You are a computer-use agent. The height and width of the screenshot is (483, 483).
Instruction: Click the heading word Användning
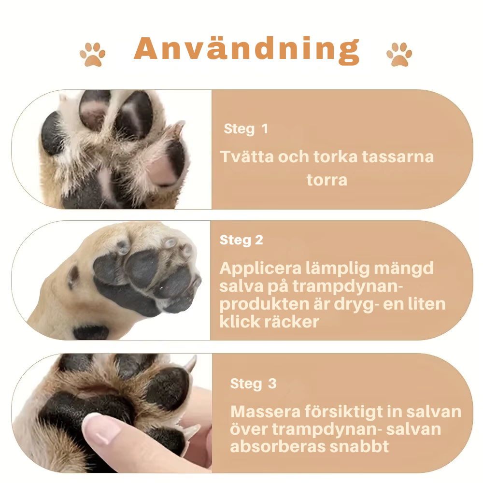247,50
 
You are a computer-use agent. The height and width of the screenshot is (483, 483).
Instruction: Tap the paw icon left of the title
92,54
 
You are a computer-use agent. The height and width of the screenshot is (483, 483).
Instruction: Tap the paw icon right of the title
399,54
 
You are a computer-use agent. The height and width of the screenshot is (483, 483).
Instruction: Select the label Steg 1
245,129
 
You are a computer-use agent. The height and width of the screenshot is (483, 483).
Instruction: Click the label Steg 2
241,240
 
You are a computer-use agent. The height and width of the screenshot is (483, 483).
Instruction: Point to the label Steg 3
253,384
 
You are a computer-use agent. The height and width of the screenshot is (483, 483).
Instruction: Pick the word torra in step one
327,180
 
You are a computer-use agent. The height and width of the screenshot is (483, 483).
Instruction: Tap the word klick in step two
241,322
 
